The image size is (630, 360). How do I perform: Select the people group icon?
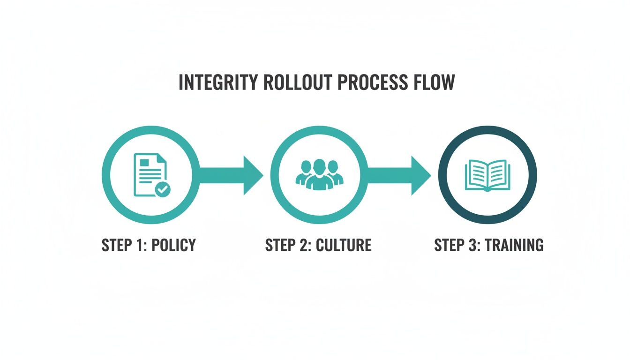pyautogui.click(x=319, y=174)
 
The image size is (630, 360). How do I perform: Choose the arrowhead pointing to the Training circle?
pyautogui.click(x=420, y=175)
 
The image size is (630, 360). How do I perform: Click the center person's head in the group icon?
pyautogui.click(x=319, y=165)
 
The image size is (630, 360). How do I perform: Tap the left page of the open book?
pyautogui.click(x=476, y=174)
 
